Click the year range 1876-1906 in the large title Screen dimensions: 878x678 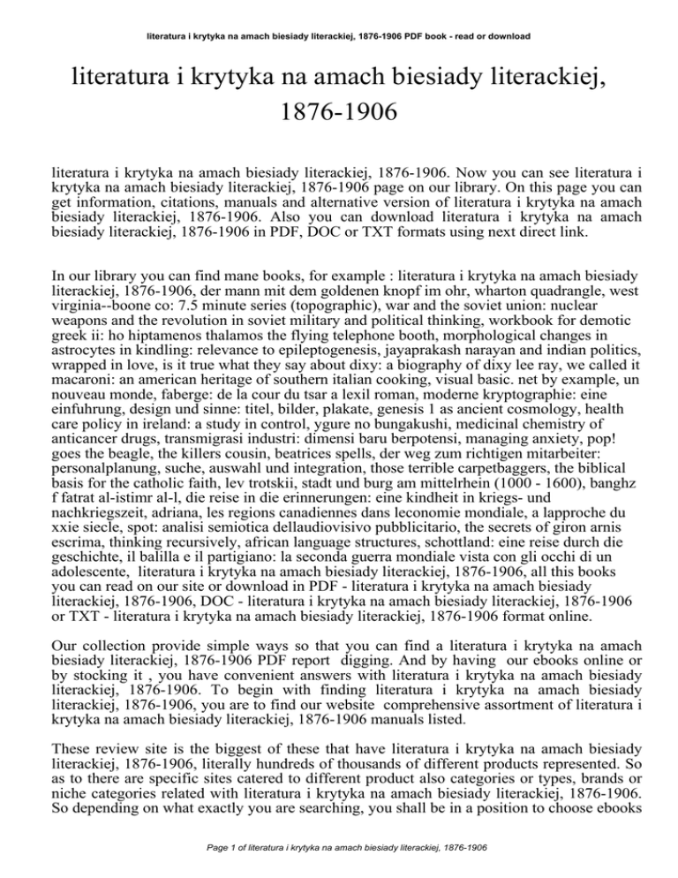coord(340,113)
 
